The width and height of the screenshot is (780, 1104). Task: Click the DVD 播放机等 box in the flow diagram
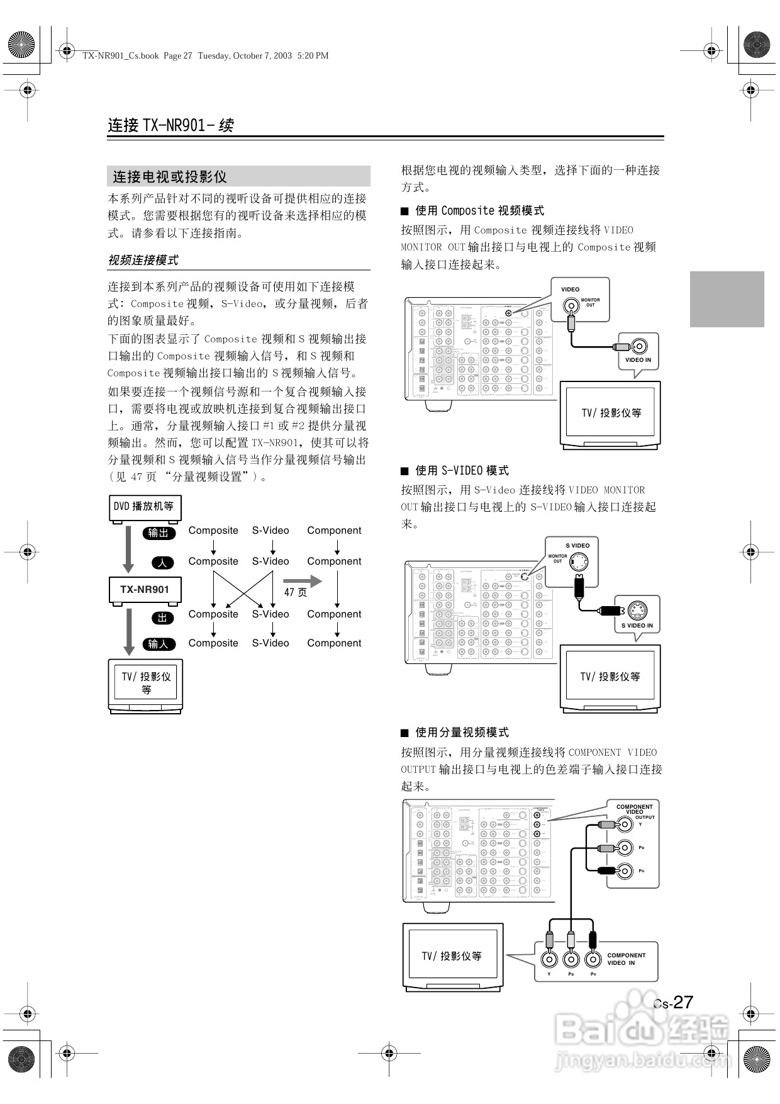(x=144, y=507)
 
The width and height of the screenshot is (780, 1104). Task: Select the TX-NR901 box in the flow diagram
(x=145, y=590)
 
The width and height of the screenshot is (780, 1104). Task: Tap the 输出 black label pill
(x=158, y=533)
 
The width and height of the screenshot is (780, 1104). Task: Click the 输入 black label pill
(x=158, y=644)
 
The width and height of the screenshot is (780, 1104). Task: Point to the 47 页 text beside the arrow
(x=296, y=592)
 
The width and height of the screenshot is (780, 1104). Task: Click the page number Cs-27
(x=673, y=1002)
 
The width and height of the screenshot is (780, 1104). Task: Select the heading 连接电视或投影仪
(x=170, y=177)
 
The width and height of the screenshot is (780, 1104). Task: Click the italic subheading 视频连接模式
(x=143, y=260)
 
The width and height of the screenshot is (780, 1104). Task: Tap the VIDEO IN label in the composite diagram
(x=638, y=360)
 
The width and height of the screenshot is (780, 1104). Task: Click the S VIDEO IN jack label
(x=637, y=626)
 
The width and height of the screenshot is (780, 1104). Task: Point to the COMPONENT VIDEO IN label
(x=627, y=959)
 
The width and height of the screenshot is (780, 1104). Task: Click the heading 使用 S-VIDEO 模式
(x=462, y=471)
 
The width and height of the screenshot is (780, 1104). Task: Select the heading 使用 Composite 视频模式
(x=479, y=211)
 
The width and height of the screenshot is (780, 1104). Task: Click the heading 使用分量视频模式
(x=462, y=733)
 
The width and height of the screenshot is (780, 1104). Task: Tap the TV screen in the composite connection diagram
(x=611, y=412)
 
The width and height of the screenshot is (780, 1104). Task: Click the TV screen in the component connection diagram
(x=452, y=955)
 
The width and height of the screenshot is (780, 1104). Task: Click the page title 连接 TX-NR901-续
(x=170, y=125)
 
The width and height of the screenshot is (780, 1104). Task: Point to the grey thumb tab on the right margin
(x=727, y=299)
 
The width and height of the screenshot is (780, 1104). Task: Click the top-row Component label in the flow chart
(x=334, y=531)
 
